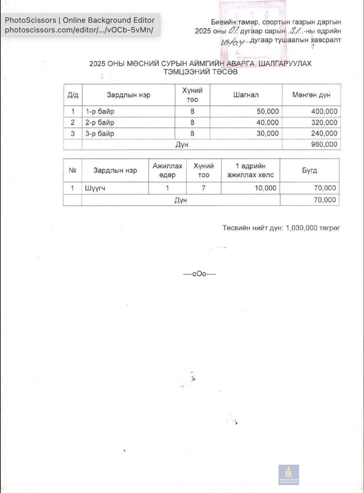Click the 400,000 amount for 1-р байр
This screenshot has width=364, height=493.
(x=324, y=112)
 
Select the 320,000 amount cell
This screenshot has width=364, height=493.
(x=324, y=123)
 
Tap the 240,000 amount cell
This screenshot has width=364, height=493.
(x=324, y=134)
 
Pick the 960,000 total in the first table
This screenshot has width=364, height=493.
(x=324, y=144)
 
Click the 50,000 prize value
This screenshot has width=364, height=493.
(x=267, y=112)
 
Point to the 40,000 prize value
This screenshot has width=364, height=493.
(x=267, y=123)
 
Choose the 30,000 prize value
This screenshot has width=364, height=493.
(x=267, y=134)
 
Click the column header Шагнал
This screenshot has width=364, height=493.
(x=246, y=95)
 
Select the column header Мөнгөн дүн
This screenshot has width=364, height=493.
(x=311, y=95)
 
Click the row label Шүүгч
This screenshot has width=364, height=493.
(x=95, y=188)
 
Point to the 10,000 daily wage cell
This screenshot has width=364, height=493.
(x=265, y=188)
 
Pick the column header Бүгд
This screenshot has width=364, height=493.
(x=309, y=171)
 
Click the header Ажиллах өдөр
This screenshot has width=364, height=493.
(x=167, y=171)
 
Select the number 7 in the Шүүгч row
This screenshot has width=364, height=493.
(x=203, y=188)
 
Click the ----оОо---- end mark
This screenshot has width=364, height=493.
(x=199, y=274)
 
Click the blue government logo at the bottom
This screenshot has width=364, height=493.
(x=289, y=475)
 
